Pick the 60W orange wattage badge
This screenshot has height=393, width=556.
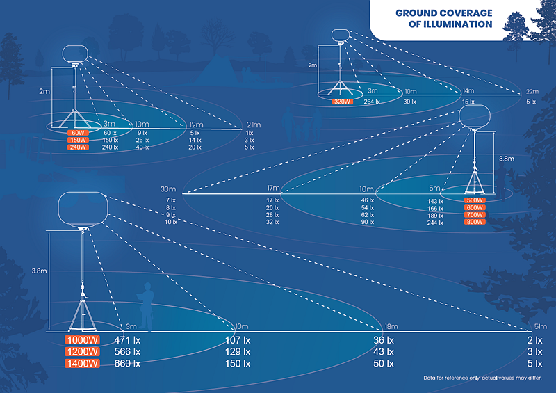tap(77, 132)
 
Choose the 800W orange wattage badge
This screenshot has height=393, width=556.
tap(474, 223)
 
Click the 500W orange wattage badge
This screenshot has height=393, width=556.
tap(474, 200)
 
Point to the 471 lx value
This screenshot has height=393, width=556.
tap(127, 341)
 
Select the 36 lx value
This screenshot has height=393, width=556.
tap(384, 341)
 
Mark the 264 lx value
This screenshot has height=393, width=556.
tap(373, 102)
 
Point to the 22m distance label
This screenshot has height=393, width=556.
tap(532, 91)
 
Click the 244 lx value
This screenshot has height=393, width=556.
tap(436, 223)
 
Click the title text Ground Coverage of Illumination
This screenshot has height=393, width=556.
tap(443, 19)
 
